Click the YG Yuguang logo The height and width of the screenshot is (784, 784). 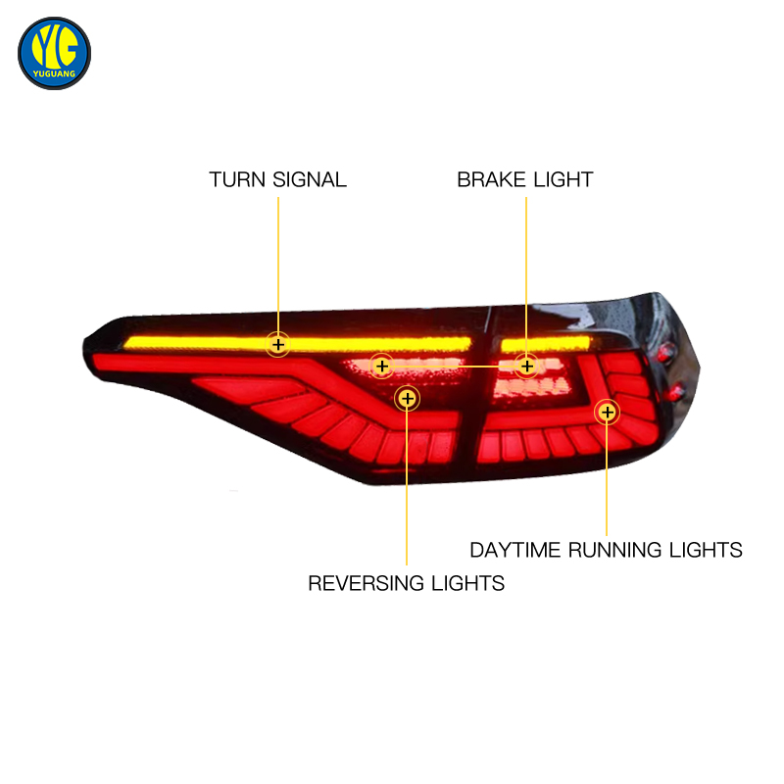tap(54, 54)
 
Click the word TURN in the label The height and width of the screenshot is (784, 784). tap(236, 180)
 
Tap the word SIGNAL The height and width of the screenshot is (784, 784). tap(310, 180)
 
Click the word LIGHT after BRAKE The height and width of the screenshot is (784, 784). tap(563, 179)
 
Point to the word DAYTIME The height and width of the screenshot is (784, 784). tap(515, 550)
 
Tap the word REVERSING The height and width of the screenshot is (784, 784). tap(366, 583)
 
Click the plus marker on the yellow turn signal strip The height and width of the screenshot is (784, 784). tap(278, 345)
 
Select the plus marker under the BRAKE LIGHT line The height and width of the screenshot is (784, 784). tap(526, 367)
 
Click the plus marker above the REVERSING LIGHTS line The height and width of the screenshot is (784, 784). tap(408, 399)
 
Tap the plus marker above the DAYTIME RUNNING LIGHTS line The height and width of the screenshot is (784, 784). tap(607, 413)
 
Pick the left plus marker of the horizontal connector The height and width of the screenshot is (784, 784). tap(382, 367)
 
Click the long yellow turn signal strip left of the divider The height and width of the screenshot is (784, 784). tap(298, 344)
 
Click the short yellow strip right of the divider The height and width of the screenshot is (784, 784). tap(546, 345)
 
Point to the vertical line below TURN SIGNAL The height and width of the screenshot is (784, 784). tap(278, 265)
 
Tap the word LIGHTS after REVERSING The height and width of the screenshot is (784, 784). tap(468, 583)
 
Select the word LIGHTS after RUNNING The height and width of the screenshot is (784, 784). tap(706, 550)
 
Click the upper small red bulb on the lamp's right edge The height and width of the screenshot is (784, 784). tap(665, 353)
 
